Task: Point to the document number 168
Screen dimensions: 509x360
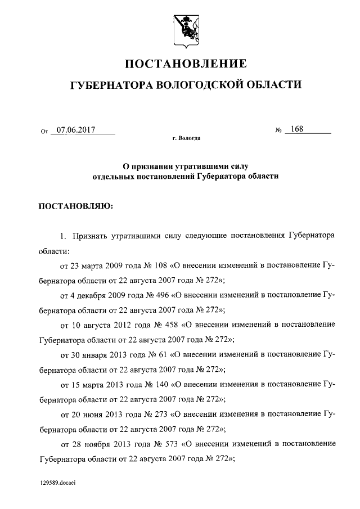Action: coord(297,129)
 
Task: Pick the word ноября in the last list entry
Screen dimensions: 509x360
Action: coord(97,444)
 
